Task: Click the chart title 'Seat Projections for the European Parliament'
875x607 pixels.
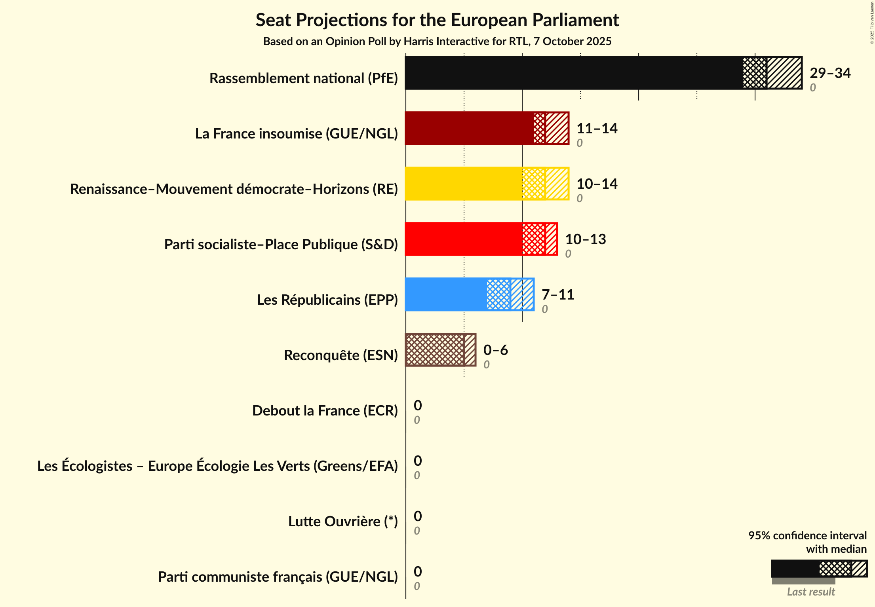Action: (x=437, y=20)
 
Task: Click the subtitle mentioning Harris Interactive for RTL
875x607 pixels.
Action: (x=437, y=41)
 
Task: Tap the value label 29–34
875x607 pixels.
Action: (x=830, y=73)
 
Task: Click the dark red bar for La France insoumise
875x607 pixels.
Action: (x=469, y=128)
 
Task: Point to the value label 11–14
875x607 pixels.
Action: (x=597, y=128)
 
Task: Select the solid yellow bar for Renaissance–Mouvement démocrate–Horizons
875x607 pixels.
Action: (x=463, y=184)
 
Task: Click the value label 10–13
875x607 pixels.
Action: (x=585, y=239)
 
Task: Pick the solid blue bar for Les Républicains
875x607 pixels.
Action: (x=446, y=294)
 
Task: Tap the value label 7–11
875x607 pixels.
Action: (x=557, y=294)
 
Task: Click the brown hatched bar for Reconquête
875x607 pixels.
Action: (x=435, y=350)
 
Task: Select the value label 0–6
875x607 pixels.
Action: (x=495, y=350)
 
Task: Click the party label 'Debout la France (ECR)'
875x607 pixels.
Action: (x=325, y=411)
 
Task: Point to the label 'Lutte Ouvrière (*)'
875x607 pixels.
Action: (x=342, y=522)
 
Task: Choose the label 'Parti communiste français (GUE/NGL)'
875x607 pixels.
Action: (x=278, y=577)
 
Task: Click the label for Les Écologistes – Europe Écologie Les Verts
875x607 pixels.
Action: (x=217, y=466)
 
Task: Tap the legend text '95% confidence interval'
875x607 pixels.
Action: (x=807, y=535)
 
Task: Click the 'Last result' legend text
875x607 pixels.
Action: (x=810, y=592)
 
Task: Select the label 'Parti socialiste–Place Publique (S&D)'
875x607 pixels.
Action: (x=281, y=245)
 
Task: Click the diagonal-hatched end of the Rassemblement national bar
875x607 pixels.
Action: (x=784, y=73)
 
